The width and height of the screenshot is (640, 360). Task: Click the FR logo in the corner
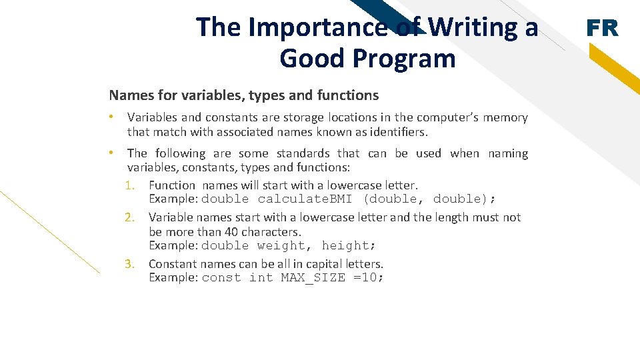602,28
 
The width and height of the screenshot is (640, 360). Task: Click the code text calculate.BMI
305,199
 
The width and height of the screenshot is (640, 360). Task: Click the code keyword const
221,278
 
